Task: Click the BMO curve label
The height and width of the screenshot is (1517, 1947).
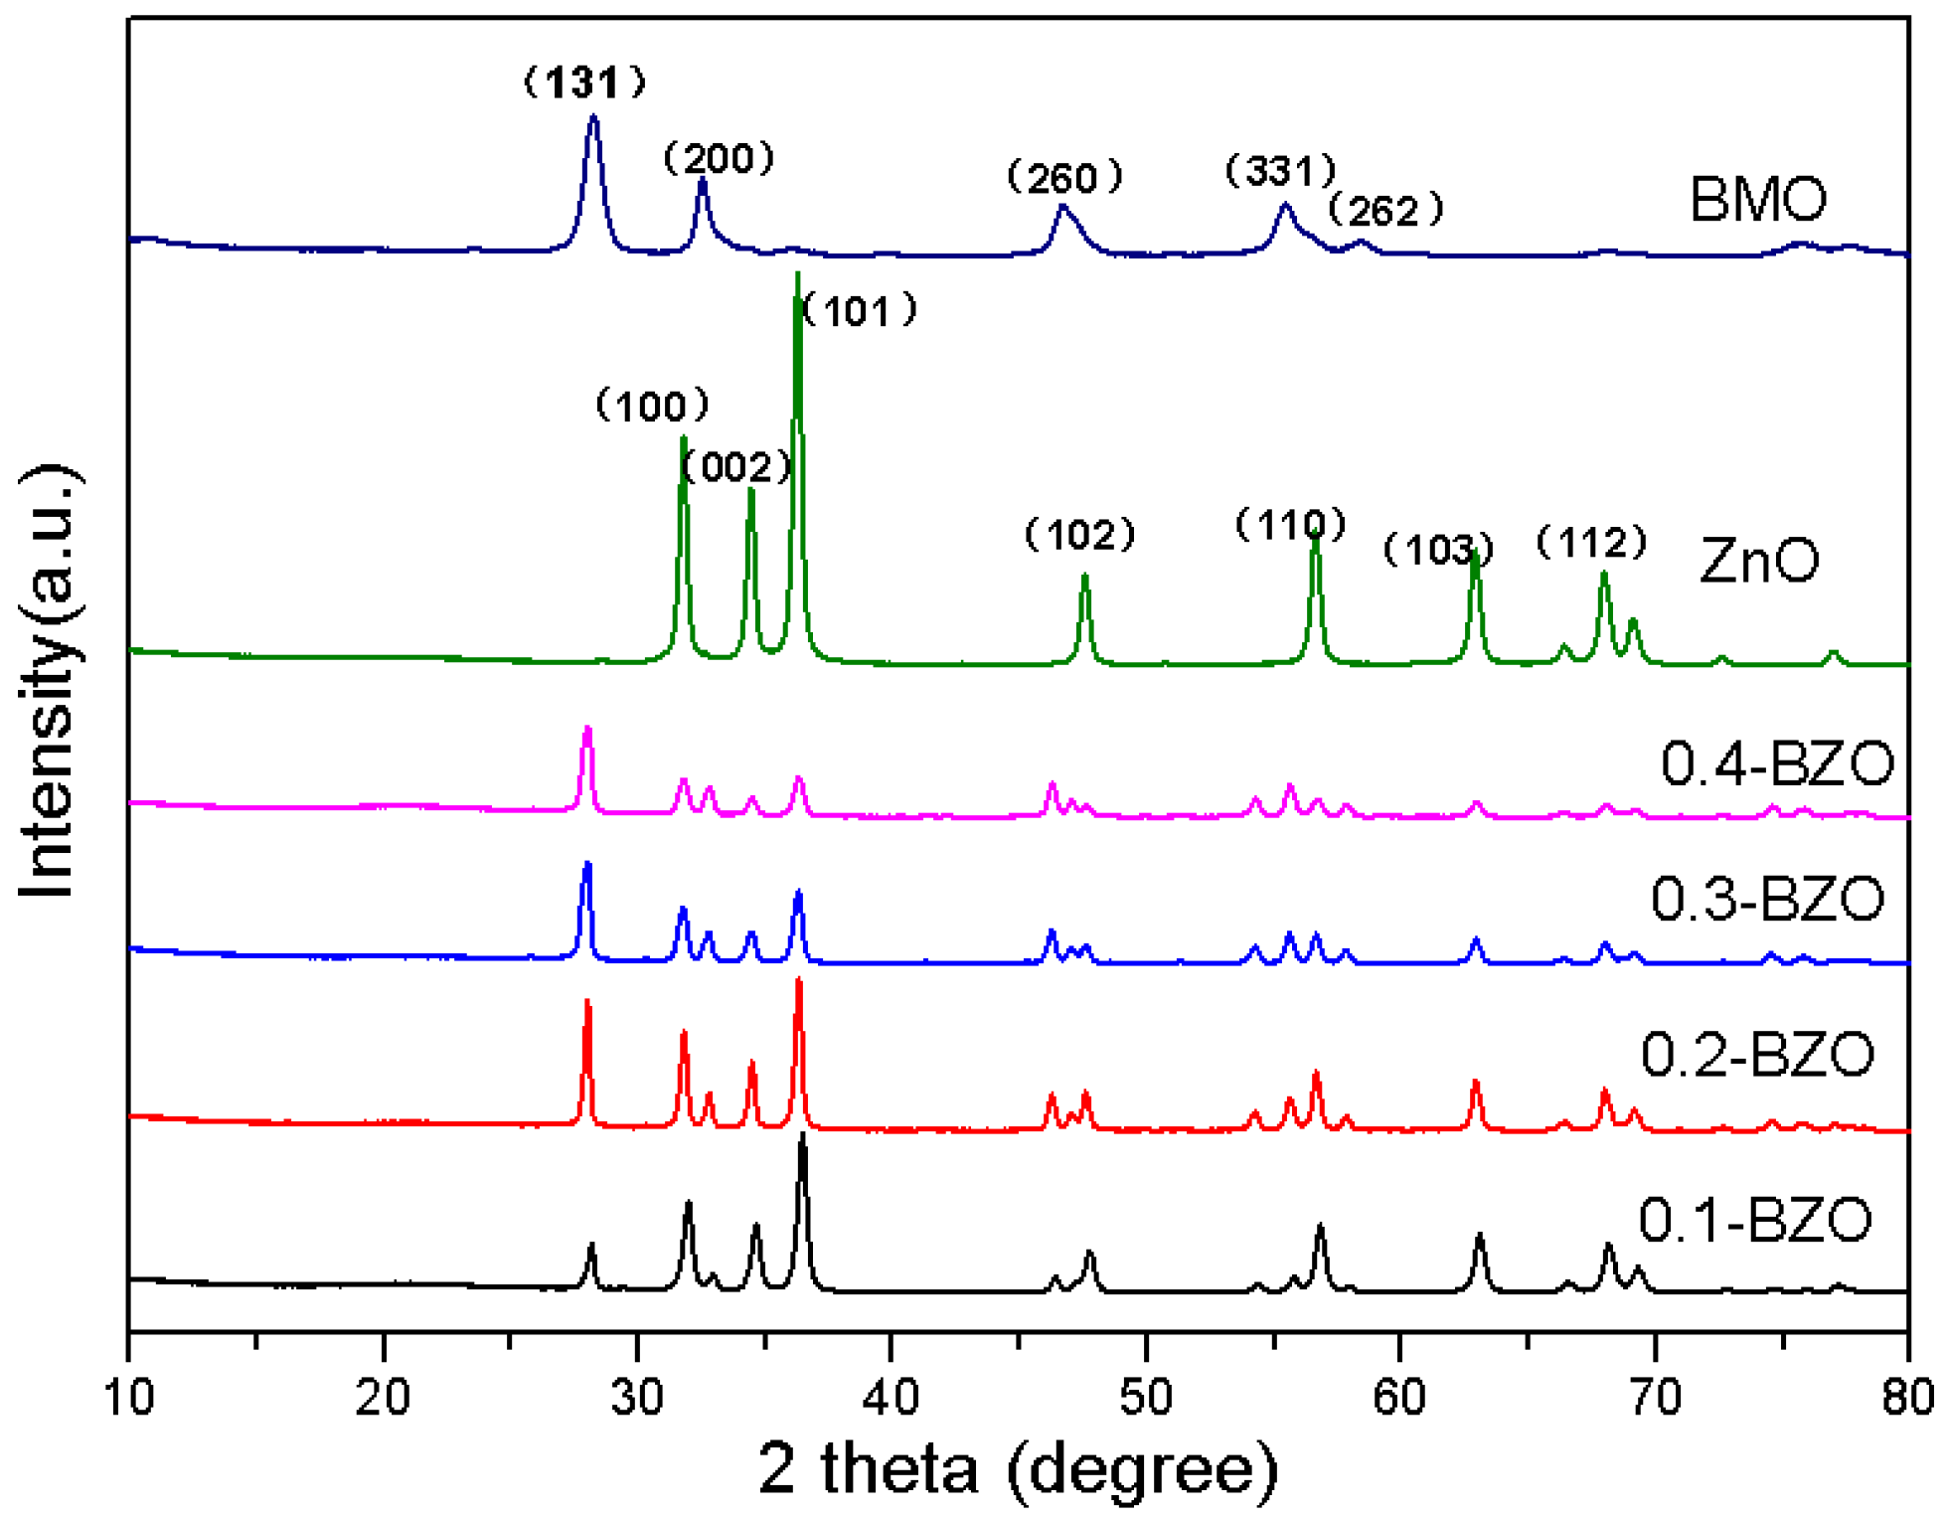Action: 1757,199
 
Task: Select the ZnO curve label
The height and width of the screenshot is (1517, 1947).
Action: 1759,560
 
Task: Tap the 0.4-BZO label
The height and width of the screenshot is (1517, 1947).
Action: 1777,763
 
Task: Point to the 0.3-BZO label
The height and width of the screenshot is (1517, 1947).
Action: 1767,899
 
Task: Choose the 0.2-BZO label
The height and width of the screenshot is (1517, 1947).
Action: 1757,1055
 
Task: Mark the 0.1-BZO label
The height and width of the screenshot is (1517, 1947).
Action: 1754,1220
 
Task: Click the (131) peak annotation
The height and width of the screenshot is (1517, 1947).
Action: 585,83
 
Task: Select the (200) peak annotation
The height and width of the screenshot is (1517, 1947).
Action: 719,159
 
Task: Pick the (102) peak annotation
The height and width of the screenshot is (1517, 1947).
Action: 1080,536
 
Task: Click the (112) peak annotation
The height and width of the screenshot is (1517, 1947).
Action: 1592,543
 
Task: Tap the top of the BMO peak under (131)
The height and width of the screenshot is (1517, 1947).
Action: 594,117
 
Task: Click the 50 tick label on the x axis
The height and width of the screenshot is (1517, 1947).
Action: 1146,1398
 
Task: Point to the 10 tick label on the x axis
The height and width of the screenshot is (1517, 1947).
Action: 128,1398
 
